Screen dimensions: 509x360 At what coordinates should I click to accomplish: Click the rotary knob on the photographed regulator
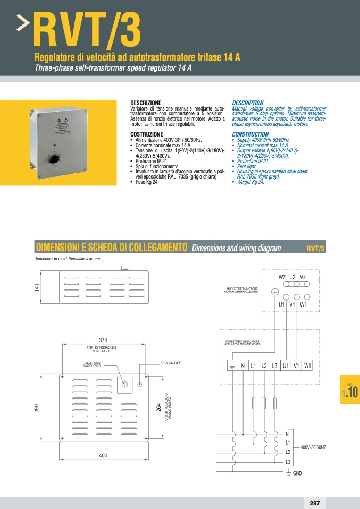54,158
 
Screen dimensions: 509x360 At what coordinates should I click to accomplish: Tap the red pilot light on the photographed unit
54,145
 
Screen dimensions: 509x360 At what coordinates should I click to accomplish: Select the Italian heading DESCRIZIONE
145,103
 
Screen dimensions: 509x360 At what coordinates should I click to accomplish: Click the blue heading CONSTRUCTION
250,134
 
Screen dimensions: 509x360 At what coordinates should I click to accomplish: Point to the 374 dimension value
103,340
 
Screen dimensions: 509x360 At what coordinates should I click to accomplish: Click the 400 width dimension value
103,456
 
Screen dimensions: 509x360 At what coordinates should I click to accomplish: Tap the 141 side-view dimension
37,287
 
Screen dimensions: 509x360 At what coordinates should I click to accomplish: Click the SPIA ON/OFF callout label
171,363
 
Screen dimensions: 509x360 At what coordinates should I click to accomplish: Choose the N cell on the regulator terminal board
242,366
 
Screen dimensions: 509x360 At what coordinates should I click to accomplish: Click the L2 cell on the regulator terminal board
264,366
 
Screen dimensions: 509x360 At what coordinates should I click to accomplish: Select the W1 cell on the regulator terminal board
307,366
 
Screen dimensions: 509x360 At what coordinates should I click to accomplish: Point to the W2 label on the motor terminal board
282,277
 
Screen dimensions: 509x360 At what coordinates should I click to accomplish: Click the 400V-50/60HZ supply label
313,448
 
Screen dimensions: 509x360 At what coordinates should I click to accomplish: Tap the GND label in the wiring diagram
297,473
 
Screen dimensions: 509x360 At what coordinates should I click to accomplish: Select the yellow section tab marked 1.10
350,392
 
